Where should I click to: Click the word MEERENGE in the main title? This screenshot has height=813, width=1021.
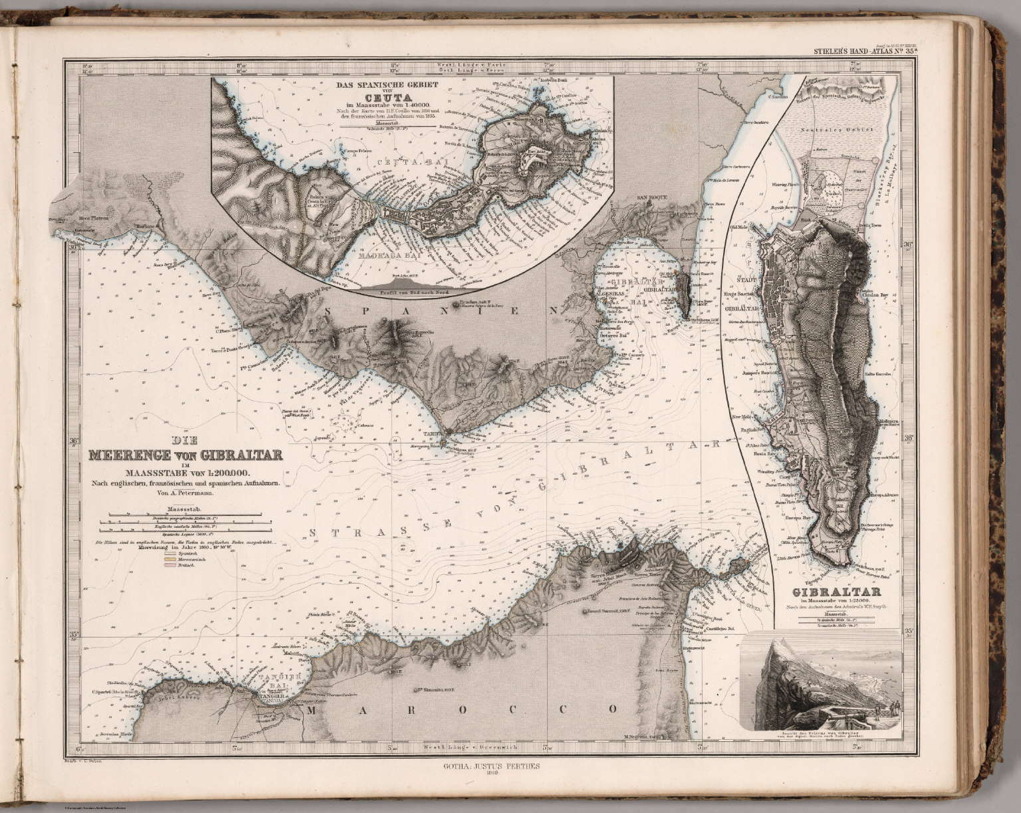[x=130, y=455]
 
